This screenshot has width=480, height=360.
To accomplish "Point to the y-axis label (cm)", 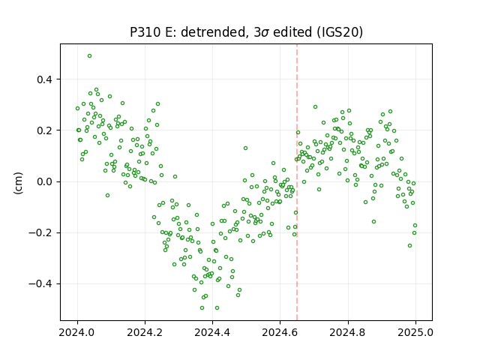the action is (x=18, y=183).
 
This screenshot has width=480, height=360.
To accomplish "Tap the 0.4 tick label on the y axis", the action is (x=45, y=79).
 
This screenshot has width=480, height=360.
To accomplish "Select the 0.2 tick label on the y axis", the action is (x=45, y=130).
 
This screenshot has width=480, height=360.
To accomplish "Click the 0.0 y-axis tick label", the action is (x=45, y=181).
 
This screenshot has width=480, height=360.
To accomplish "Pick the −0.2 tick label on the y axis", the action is (x=40, y=233).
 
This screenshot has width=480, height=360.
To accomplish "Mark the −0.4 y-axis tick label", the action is (x=40, y=284).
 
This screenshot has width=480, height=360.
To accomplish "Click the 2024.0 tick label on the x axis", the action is (x=77, y=332).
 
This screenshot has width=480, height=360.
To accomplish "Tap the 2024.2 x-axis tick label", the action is (x=145, y=332).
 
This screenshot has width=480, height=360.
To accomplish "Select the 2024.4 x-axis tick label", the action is (x=212, y=332).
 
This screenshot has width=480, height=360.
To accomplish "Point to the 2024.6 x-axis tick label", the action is (x=280, y=332).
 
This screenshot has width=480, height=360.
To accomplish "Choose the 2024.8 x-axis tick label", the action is (x=348, y=332).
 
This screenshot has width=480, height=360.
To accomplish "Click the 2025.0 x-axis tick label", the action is (x=415, y=332).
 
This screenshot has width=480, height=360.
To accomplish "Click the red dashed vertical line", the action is (x=297, y=182).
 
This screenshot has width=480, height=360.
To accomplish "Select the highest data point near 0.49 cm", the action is (x=89, y=56).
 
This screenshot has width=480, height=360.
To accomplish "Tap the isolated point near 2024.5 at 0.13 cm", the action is (x=245, y=148).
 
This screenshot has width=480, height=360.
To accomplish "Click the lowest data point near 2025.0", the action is (x=409, y=245).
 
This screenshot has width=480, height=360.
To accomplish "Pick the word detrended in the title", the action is (x=214, y=32).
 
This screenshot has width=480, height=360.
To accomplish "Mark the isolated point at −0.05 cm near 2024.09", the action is (x=107, y=195).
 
